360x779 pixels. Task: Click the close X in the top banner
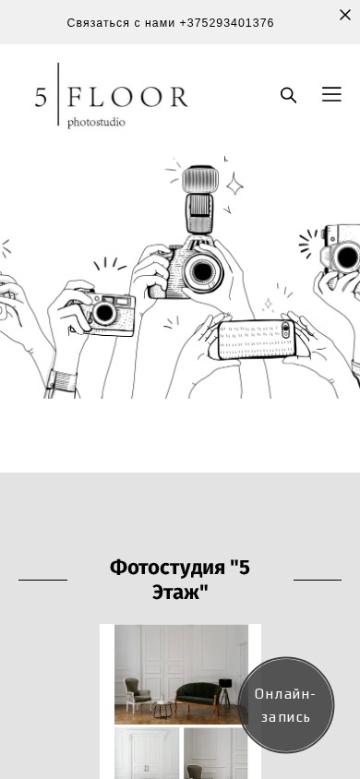[345, 15]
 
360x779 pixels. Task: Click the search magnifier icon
[289, 95]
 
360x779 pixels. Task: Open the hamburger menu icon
[331, 94]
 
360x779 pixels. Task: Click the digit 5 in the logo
[42, 96]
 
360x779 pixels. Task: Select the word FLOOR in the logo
[127, 96]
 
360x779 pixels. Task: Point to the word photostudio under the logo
[96, 122]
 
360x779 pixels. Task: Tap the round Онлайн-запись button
[286, 704]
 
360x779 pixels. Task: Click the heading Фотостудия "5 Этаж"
[180, 580]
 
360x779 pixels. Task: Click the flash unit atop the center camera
[199, 198]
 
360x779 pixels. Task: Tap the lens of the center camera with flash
[202, 271]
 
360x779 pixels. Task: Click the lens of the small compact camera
[104, 313]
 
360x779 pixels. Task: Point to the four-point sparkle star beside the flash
[234, 185]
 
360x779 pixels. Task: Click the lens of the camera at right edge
[346, 257]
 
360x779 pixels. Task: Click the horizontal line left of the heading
[42, 580]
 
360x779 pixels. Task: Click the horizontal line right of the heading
[318, 580]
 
